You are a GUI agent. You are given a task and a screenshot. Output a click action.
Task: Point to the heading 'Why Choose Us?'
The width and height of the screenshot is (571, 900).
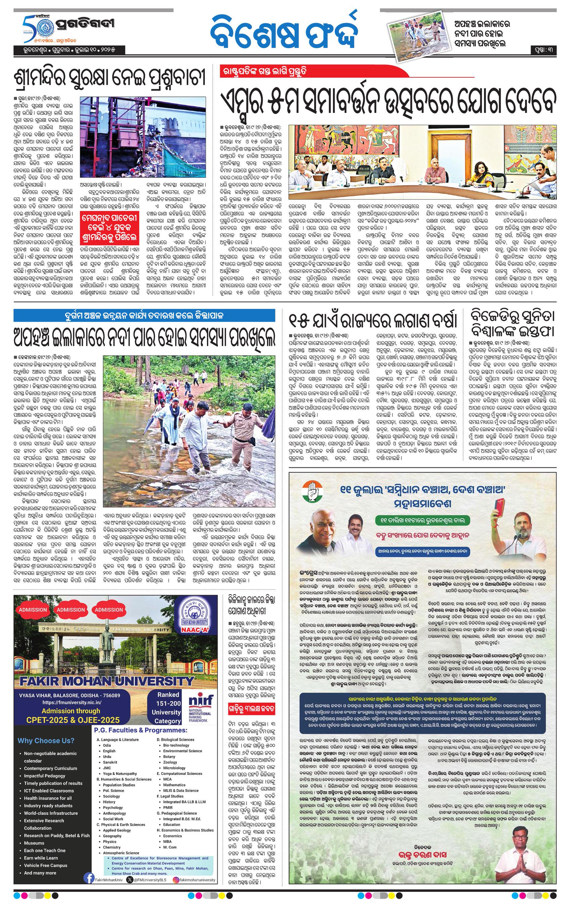pos(46,740)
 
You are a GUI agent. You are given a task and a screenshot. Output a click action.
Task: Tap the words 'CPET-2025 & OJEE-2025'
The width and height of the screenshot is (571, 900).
pos(71,720)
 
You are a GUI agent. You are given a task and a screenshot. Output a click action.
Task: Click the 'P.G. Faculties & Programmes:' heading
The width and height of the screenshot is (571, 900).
pos(140,730)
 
